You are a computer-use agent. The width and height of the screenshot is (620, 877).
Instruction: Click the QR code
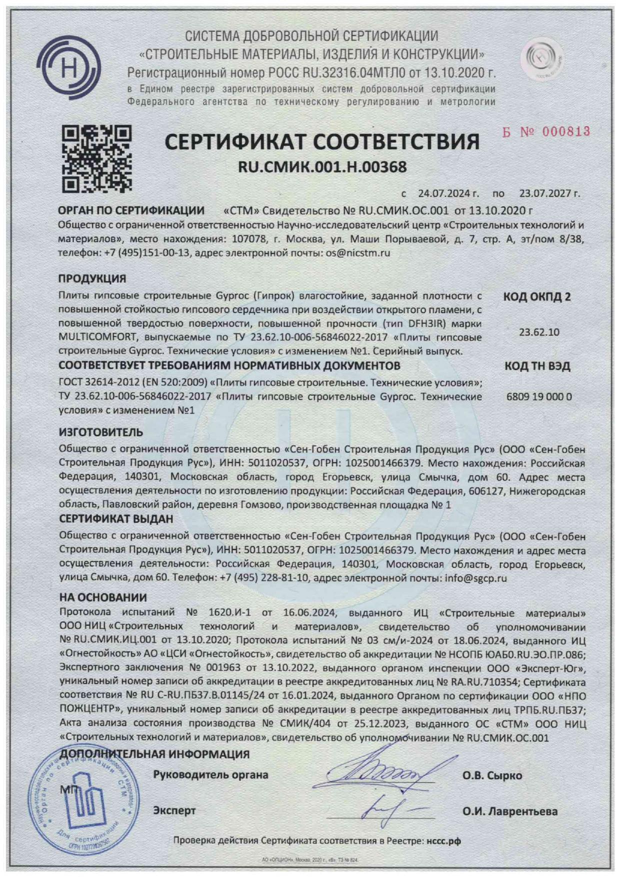point(96,158)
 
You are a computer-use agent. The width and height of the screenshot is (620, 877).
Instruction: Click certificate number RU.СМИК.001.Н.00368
point(322,166)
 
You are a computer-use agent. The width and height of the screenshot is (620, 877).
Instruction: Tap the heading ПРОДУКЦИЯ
point(92,278)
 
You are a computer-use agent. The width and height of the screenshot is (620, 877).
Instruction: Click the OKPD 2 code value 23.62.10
point(539,332)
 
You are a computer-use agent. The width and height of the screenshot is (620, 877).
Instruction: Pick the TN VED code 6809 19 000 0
point(539,397)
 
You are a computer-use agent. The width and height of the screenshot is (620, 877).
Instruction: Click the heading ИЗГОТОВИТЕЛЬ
point(100,432)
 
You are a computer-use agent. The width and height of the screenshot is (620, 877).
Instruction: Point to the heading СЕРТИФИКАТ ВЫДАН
point(116,519)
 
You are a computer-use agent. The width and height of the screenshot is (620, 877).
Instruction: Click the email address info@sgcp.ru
point(475,578)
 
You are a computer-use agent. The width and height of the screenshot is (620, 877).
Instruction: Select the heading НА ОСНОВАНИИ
point(103,597)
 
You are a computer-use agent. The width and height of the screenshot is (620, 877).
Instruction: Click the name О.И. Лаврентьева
point(509,811)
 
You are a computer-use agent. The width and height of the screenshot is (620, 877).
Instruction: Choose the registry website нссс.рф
point(443,841)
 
